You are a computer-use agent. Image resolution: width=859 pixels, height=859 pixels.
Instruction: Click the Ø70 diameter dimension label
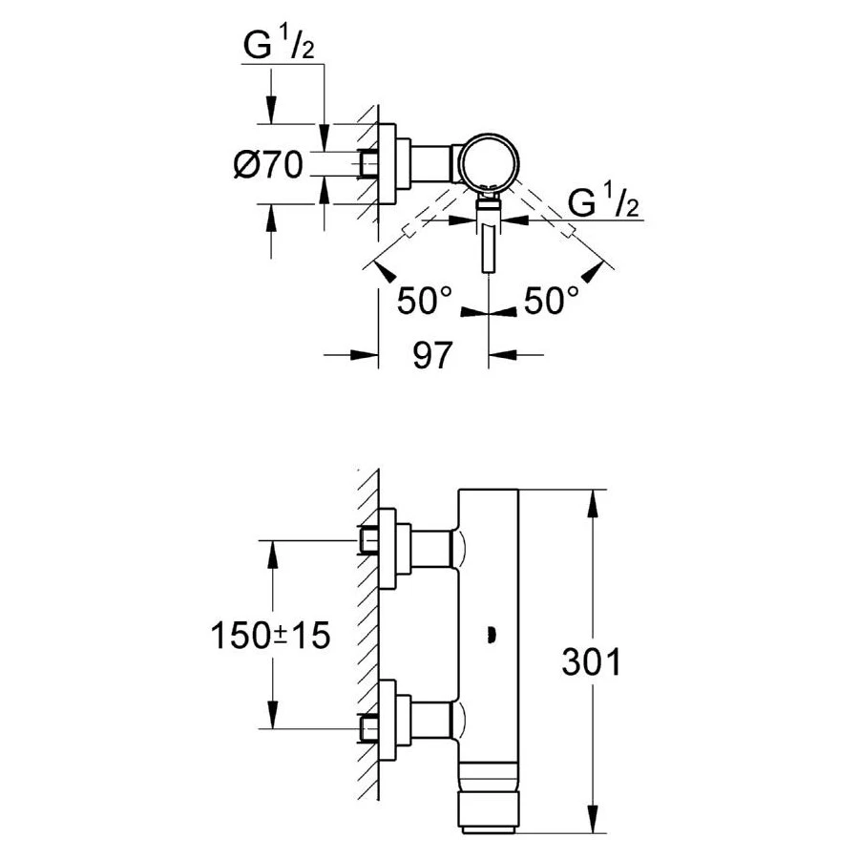(267, 165)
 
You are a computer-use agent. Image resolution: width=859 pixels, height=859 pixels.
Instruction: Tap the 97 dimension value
(432, 356)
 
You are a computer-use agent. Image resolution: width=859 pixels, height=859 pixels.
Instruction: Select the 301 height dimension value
(591, 662)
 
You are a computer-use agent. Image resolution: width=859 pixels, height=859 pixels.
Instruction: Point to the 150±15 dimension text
(270, 636)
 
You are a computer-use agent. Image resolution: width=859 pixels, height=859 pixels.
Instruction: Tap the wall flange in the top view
(388, 163)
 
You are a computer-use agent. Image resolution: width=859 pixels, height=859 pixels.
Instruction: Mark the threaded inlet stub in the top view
(368, 164)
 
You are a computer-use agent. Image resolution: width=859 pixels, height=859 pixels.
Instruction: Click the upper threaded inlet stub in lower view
(369, 540)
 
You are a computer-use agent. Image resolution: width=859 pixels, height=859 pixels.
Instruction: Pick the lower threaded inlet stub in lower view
(369, 729)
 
